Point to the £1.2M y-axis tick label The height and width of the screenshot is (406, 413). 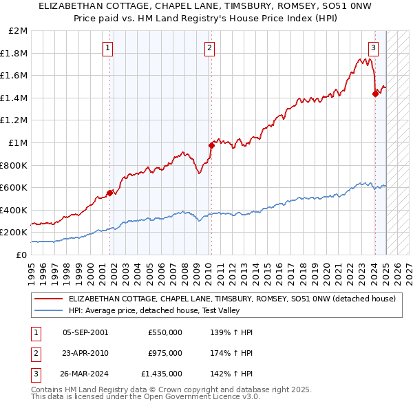pos(14,120)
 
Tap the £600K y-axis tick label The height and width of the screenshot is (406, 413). pos(14,187)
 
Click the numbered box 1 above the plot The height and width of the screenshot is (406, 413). pos(109,47)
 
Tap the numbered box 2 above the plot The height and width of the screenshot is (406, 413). pos(209,47)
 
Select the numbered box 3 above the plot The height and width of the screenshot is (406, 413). pos(373,47)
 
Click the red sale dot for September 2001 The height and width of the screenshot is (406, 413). pos(110,193)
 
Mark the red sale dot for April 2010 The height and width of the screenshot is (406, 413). pos(211,145)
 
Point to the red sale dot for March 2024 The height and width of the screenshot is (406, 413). pos(375,94)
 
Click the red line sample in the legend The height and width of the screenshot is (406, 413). pos(48,299)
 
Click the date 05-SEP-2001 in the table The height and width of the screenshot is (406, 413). pos(85,332)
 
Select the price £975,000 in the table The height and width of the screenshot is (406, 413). pos(165,353)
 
